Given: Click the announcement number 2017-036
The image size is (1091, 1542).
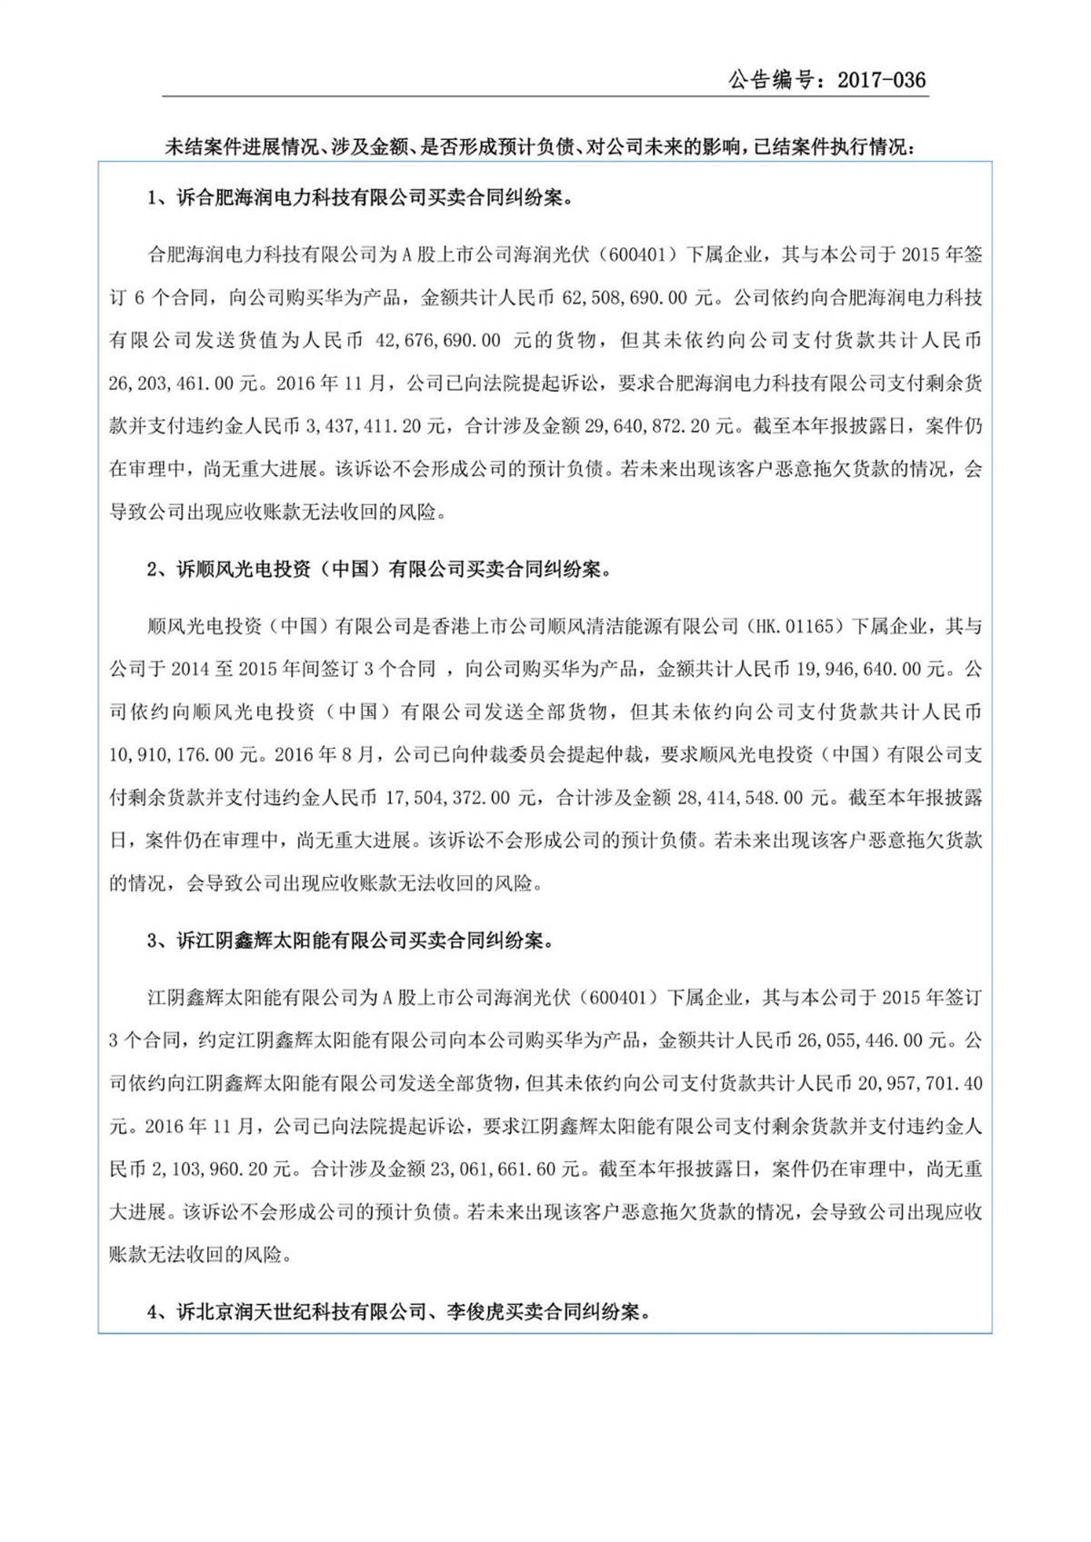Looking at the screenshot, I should pos(881,80).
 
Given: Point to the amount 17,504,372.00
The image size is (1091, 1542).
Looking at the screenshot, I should pos(449,798).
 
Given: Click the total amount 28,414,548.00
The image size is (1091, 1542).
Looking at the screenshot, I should pos(740,798).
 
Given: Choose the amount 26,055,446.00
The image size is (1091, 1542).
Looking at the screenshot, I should pos(860,1040).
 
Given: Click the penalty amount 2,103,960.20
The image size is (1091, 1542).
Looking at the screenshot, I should pos(217,1169).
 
